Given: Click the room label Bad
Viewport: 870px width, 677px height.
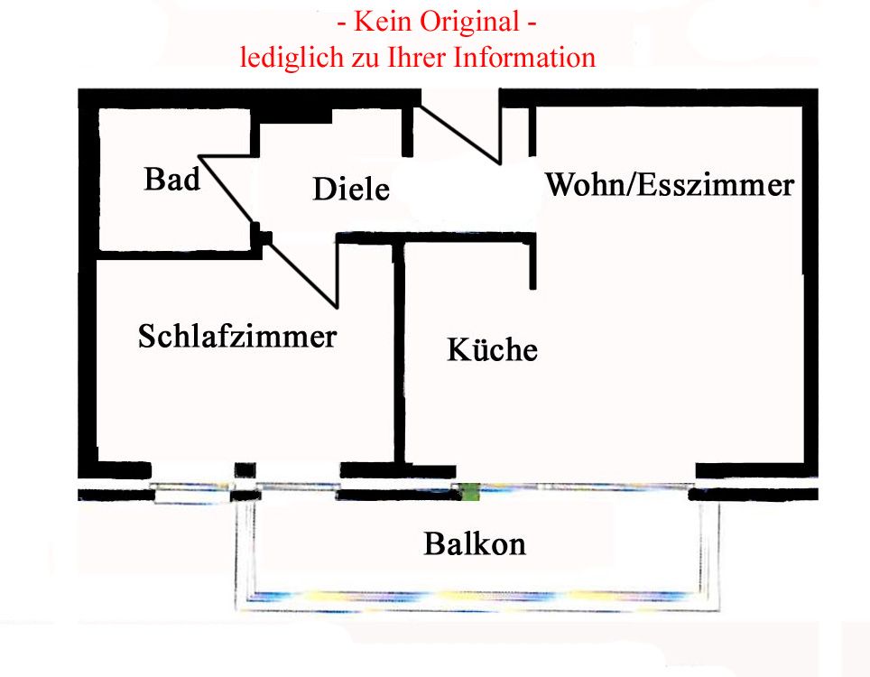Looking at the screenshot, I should point(171,180).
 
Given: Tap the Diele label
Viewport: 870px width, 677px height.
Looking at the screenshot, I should point(351,190).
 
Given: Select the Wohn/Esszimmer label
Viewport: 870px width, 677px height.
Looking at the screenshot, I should point(670,185).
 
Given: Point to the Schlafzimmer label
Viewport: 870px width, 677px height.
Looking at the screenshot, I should point(237,337).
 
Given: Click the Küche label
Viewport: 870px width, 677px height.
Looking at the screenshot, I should point(492,349).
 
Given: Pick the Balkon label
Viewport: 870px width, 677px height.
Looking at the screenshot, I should point(475,544).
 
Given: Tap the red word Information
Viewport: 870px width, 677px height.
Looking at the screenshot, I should point(524,58).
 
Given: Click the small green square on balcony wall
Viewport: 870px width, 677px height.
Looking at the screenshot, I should point(468,493).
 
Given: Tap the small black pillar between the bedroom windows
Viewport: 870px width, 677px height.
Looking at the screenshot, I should point(245,471).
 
